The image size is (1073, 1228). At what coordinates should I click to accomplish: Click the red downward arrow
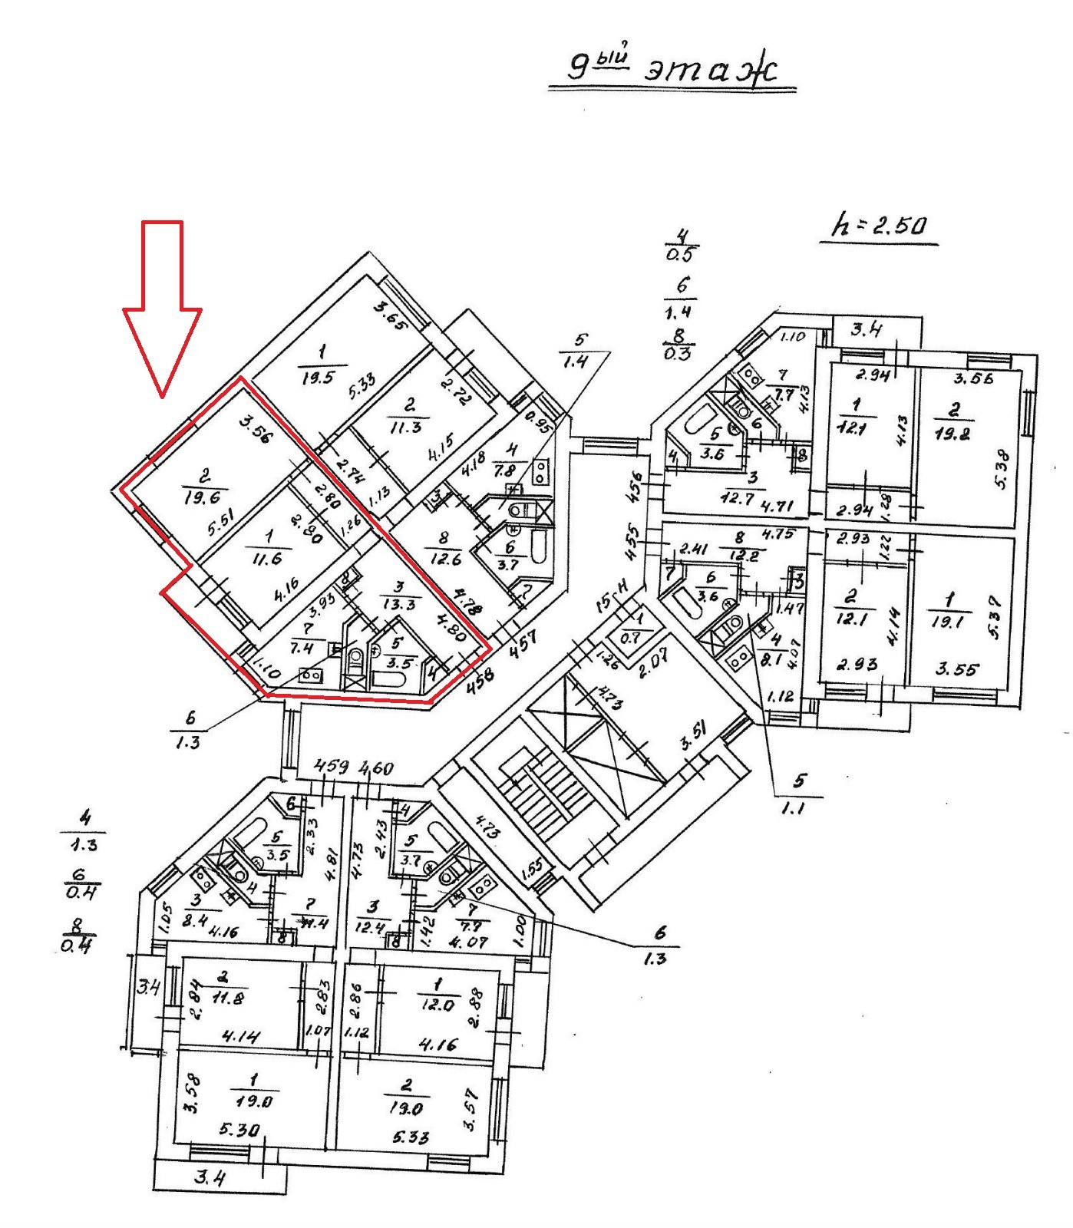coord(163,307)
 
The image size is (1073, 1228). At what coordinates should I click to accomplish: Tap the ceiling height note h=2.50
coord(880,226)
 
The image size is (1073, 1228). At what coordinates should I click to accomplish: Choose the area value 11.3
coord(406,426)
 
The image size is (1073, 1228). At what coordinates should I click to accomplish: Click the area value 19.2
coord(953,432)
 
